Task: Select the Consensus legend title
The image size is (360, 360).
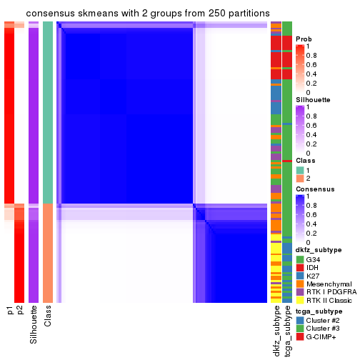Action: (x=313, y=189)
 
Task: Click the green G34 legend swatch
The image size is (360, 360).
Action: (x=299, y=259)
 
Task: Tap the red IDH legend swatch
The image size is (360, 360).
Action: (x=299, y=267)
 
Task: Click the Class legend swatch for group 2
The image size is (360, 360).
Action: (x=299, y=178)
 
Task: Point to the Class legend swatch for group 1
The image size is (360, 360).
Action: (x=299, y=169)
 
